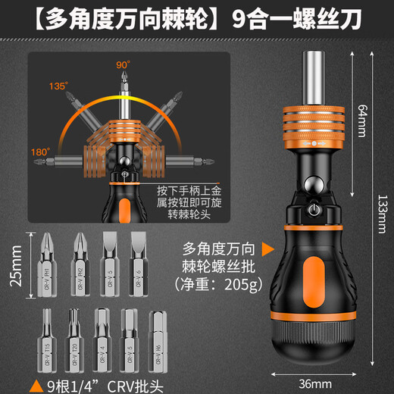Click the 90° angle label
tap(122, 65)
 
